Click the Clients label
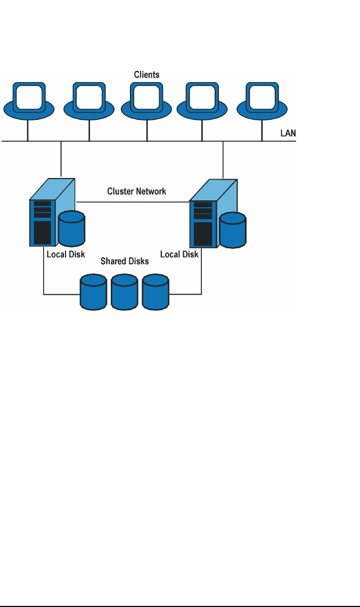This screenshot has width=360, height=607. [x=146, y=75]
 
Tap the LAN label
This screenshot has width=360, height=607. [x=288, y=133]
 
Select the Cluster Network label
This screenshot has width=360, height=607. [x=137, y=191]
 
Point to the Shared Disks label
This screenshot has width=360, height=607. [x=124, y=261]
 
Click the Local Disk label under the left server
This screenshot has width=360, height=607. [x=66, y=254]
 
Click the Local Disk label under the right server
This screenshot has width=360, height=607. [x=179, y=254]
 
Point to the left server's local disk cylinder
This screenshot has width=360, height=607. [x=72, y=228]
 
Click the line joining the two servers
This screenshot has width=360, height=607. [x=133, y=202]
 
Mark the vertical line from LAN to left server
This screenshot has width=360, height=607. [x=61, y=159]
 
